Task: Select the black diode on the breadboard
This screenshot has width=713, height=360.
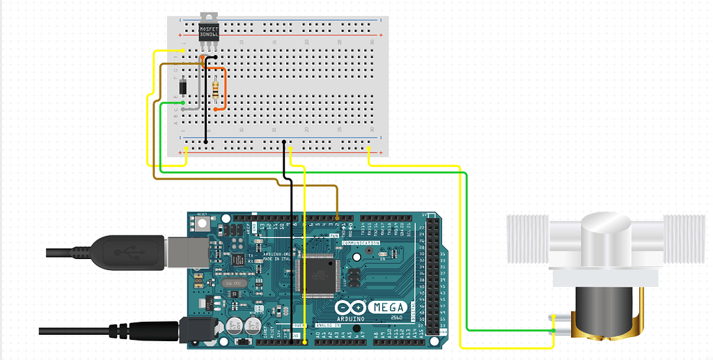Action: coord(182,88)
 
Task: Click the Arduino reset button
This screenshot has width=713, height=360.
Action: coord(203,224)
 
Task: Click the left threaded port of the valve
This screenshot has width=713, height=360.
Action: coord(530,239)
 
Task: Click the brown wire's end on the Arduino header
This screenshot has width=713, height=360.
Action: coord(337,217)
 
